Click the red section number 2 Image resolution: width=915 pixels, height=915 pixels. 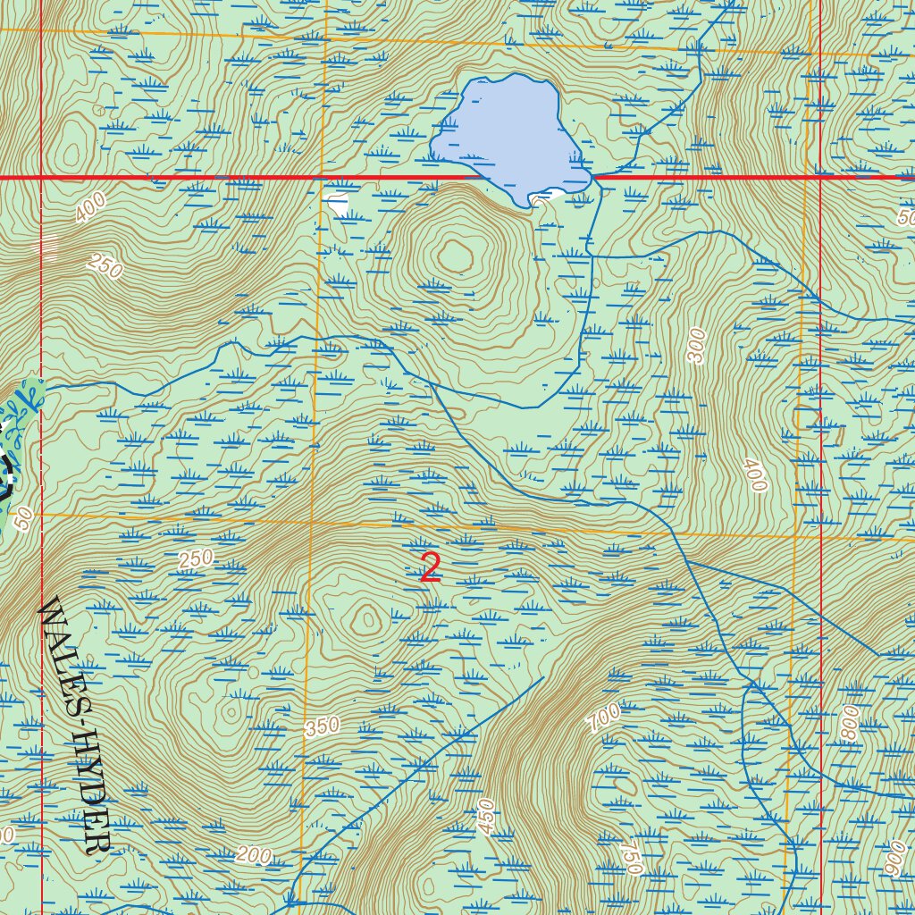(431, 568)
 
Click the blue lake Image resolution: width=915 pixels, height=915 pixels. (508, 134)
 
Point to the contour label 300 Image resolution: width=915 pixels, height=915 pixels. (698, 346)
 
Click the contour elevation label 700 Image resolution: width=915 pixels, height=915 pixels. (605, 718)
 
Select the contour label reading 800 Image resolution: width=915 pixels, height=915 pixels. (849, 722)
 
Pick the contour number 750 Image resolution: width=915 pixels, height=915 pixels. (631, 857)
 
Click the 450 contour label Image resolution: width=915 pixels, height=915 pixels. (486, 817)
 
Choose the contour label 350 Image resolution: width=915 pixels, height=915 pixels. (323, 726)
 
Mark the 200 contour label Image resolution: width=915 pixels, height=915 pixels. (254, 855)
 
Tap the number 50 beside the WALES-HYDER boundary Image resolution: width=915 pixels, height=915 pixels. (24, 517)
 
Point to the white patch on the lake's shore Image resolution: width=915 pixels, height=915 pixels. (547, 194)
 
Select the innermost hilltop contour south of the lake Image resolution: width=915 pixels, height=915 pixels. (455, 257)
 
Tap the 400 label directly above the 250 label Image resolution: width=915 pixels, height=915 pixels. (90, 208)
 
